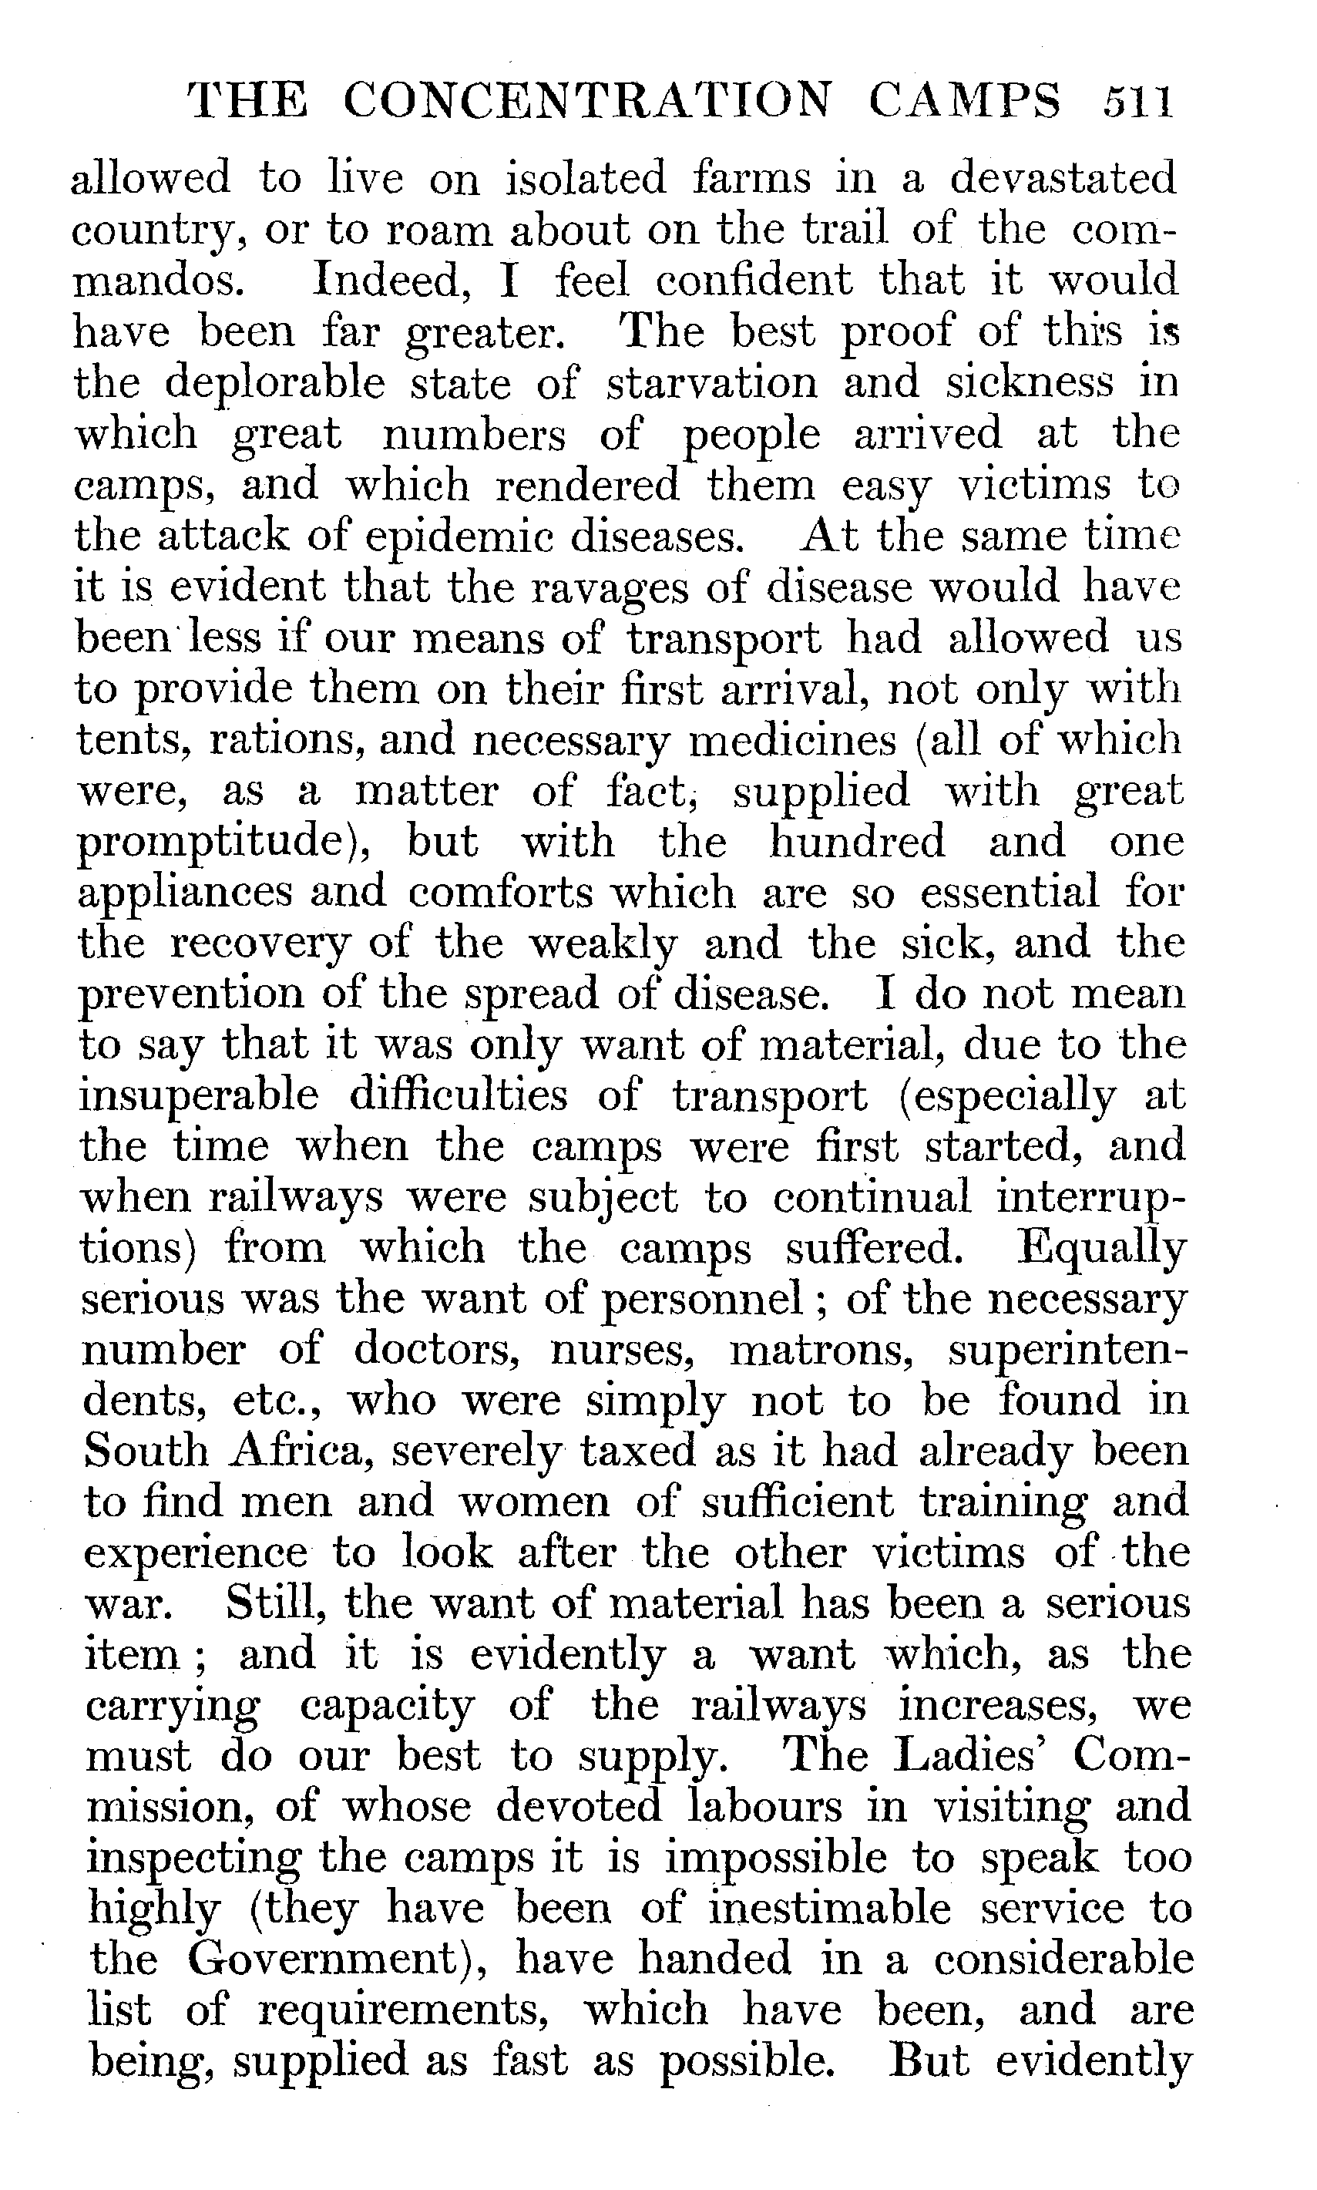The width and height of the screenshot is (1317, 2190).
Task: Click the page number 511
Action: click(1137, 101)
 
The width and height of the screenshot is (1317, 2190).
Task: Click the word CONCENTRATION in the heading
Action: click(586, 101)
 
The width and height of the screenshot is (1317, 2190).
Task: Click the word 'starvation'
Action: click(712, 383)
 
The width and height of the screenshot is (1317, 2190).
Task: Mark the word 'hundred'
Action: click(856, 842)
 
